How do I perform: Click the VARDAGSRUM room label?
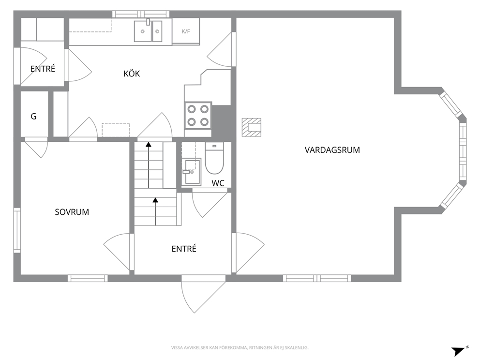332,150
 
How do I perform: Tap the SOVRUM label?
72,212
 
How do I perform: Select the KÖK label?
132,74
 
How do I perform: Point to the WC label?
218,183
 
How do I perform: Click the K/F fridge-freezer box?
186,31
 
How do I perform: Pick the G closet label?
34,116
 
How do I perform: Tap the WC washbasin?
191,172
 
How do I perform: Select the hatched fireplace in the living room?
252,127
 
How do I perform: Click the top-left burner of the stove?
192,109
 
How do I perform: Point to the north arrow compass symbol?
460,351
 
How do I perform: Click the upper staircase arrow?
149,165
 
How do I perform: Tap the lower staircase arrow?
155,211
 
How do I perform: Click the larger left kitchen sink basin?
143,31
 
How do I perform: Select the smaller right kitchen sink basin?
157,31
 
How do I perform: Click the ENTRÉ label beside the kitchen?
43,69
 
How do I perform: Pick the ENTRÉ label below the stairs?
184,249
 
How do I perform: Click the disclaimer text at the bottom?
240,348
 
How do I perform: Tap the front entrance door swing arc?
186,301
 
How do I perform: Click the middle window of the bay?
463,152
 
